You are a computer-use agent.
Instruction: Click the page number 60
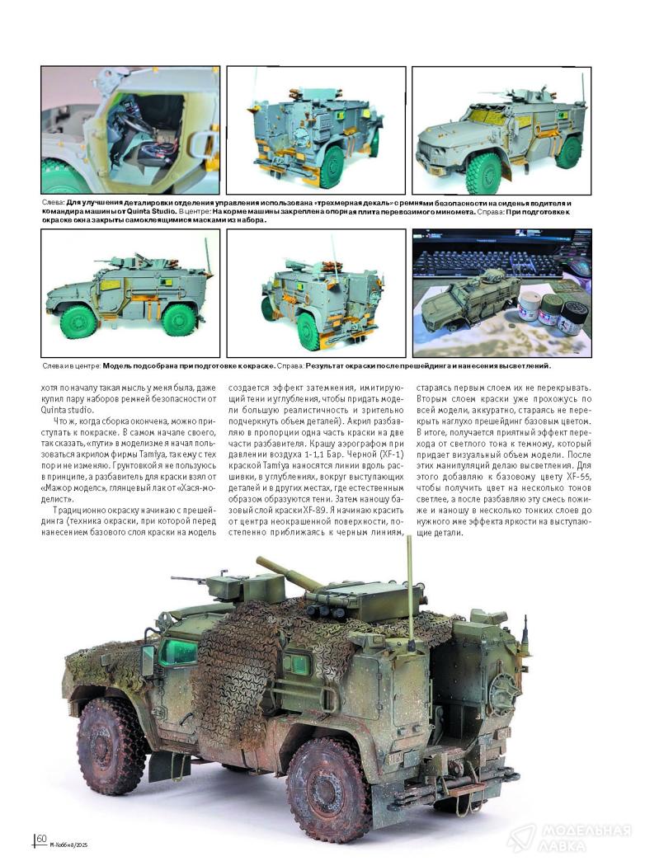pos(41,838)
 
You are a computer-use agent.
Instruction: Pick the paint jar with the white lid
pos(528,308)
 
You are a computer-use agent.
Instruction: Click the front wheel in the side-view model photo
pos(79,322)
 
